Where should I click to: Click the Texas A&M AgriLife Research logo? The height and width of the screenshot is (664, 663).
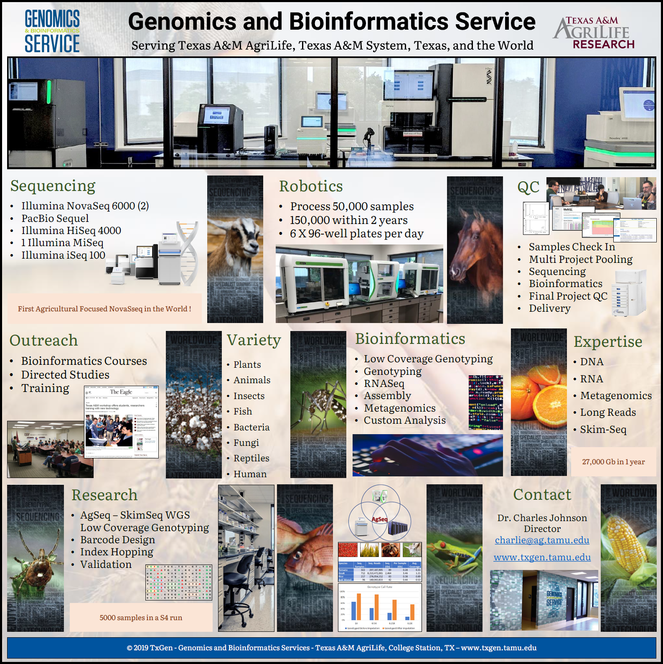tap(594, 33)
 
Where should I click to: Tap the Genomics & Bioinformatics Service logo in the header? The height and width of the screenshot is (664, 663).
tap(52, 32)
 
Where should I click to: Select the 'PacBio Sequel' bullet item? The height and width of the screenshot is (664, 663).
tap(55, 218)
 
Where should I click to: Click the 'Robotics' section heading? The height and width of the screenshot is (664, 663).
tap(311, 186)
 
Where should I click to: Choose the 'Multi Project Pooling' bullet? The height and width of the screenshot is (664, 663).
tap(580, 259)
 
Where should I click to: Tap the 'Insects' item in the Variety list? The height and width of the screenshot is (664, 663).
tap(249, 396)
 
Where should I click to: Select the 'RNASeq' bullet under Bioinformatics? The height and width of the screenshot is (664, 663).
tap(384, 383)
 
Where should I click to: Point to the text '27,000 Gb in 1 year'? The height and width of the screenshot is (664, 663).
tap(613, 462)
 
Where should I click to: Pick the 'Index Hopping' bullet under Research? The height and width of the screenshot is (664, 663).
tap(117, 552)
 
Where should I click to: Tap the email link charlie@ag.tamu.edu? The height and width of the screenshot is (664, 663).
tap(542, 540)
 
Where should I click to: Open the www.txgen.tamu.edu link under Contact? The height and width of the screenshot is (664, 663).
tap(542, 557)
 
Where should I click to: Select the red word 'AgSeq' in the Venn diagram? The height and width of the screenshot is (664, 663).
tap(379, 519)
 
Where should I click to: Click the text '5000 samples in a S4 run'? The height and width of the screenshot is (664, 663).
tap(141, 618)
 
